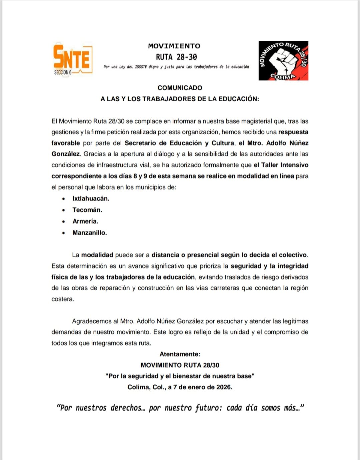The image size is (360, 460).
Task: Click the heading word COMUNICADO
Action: click(180, 88)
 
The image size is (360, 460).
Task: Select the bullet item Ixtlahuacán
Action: click(91, 199)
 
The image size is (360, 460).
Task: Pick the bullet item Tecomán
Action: click(87, 210)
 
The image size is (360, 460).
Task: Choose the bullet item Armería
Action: click(85, 221)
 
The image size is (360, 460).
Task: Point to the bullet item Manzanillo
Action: click(90, 233)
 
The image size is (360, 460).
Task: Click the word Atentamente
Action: click(180, 354)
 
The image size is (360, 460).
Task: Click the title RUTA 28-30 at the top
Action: click(176, 57)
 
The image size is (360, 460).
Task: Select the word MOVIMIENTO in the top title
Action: click(174, 46)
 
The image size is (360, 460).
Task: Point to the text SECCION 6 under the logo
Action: click(63, 72)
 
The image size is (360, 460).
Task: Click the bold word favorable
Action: click(65, 143)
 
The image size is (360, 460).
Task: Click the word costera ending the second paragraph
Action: click(62, 299)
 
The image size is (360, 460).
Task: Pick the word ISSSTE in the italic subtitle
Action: click(141, 67)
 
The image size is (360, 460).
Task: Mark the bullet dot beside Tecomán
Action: click(64, 210)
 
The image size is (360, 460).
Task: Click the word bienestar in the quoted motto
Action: click(182, 376)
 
